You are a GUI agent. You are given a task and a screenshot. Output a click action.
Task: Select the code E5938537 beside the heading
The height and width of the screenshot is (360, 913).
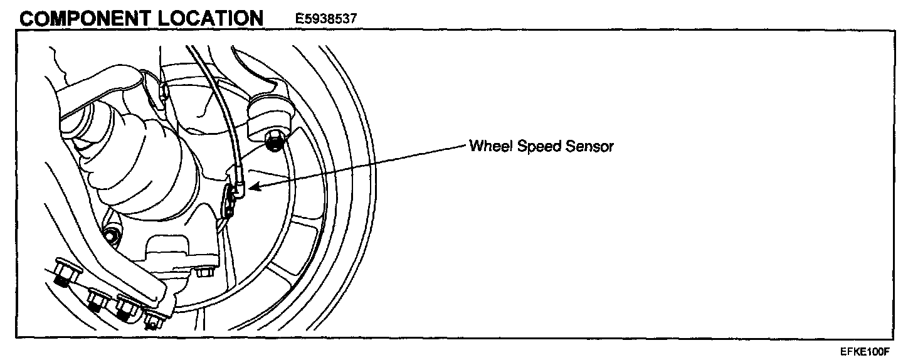click(326, 19)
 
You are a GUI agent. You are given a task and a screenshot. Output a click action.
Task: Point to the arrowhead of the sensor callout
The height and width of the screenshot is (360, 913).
click(252, 186)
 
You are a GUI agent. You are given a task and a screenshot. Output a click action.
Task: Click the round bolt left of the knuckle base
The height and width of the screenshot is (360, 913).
click(112, 236)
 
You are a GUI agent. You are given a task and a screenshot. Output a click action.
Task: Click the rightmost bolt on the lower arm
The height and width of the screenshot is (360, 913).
click(152, 321)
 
